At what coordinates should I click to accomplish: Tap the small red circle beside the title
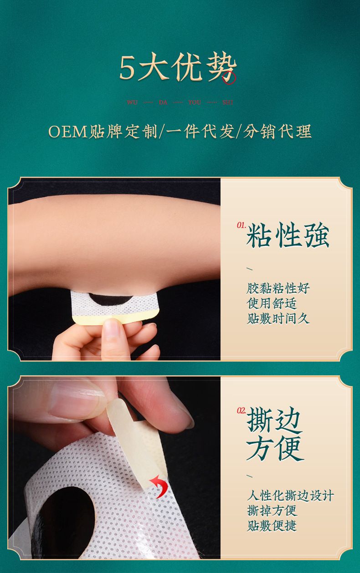click(x=229, y=77)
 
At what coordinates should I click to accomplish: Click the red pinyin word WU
click(x=132, y=102)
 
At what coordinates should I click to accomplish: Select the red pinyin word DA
click(x=163, y=102)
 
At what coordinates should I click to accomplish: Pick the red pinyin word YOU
click(x=195, y=102)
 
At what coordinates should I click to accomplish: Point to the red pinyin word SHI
click(x=227, y=102)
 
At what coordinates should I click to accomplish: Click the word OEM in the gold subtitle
click(x=68, y=132)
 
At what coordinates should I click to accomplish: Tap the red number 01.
click(x=241, y=225)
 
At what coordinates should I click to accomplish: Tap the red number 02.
click(x=241, y=410)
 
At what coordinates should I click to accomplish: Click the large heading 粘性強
click(x=288, y=235)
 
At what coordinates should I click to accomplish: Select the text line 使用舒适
click(x=272, y=304)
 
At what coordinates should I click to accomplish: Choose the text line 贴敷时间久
click(x=278, y=319)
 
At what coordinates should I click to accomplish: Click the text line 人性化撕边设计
click(x=290, y=496)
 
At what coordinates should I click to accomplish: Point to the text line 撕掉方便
click(x=272, y=511)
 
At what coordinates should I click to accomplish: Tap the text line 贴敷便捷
click(x=272, y=526)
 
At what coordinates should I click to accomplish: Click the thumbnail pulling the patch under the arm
click(x=112, y=327)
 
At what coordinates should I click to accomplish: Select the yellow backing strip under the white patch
click(x=116, y=318)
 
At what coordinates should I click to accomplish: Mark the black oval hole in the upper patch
click(x=110, y=299)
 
